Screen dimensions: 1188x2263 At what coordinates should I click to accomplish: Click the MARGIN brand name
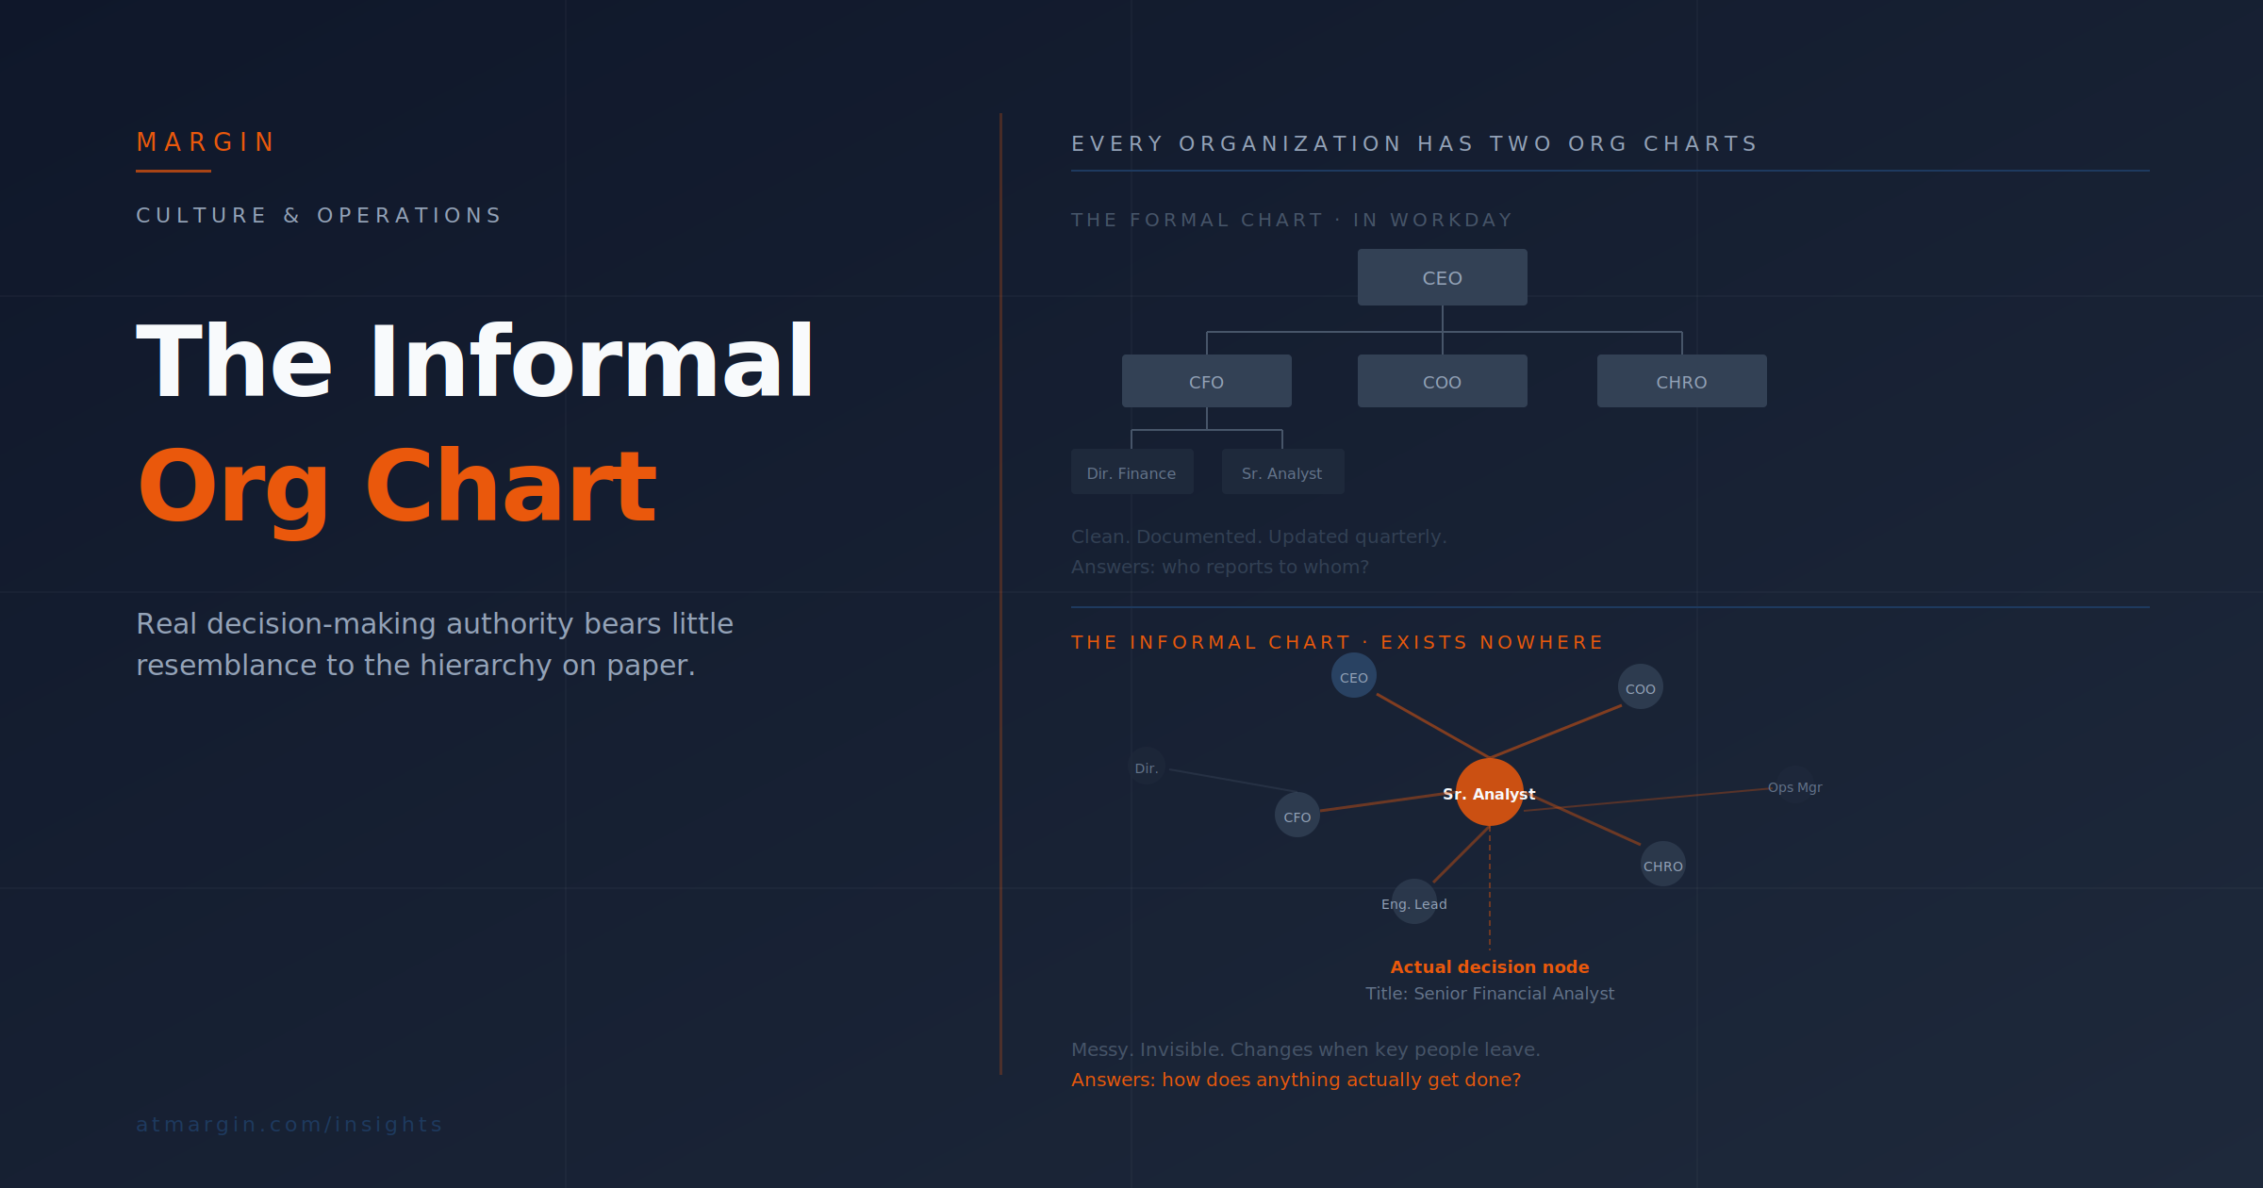(205, 142)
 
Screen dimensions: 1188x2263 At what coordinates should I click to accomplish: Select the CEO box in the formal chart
(1442, 277)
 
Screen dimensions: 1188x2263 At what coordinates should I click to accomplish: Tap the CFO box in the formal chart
(1206, 381)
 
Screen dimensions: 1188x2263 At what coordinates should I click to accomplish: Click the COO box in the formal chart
(1442, 381)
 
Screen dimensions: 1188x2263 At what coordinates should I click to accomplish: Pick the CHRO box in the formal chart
(1681, 381)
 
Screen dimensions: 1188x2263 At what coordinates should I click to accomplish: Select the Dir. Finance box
(1131, 472)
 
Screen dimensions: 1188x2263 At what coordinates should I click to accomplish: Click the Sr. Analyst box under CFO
(1282, 472)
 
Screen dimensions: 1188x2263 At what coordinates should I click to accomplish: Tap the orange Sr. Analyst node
(1489, 793)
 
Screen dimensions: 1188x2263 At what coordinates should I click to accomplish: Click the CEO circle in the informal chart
(1353, 676)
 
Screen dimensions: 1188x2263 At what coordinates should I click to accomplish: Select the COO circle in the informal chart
(1640, 687)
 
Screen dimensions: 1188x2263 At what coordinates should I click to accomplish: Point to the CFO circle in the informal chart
(1297, 816)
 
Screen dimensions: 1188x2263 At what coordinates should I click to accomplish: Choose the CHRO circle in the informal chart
(1662, 865)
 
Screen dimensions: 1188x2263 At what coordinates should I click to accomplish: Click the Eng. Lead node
(1413, 902)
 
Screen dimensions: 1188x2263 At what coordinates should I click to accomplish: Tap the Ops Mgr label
(1794, 787)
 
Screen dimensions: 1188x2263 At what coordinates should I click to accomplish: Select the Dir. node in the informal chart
(1146, 767)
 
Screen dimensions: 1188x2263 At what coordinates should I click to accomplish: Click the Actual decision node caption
(1489, 966)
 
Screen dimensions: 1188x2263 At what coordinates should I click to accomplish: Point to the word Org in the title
(234, 487)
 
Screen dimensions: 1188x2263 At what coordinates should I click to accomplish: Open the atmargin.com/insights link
(289, 1124)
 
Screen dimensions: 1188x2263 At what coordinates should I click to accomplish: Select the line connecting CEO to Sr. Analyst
(1431, 725)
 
